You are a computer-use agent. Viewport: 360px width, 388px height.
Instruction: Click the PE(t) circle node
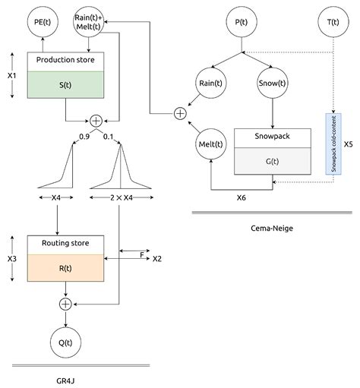coord(42,22)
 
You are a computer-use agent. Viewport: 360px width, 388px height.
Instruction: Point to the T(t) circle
coord(333,22)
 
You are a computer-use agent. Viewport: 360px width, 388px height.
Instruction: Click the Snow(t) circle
coord(273,84)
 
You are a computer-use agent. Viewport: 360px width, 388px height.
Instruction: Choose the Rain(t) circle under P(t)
coord(212,84)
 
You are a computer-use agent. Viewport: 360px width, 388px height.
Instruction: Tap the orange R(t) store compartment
coord(65,267)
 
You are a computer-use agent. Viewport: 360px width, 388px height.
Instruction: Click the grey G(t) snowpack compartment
coord(273,161)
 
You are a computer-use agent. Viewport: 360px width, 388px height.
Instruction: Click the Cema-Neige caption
coord(271,227)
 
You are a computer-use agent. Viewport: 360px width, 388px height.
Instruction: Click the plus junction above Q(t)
coord(65,304)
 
